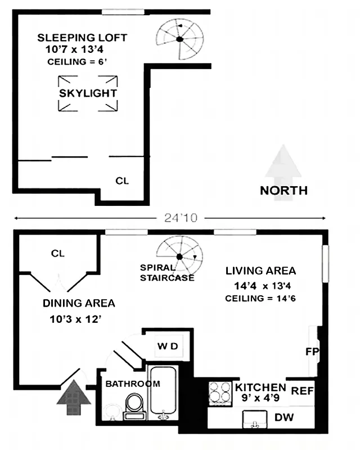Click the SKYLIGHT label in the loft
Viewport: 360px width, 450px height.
pyautogui.click(x=88, y=93)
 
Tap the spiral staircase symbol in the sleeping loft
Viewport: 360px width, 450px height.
pyautogui.click(x=178, y=39)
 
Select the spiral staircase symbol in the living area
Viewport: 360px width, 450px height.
pyautogui.click(x=179, y=256)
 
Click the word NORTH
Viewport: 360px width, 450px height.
pyautogui.click(x=283, y=190)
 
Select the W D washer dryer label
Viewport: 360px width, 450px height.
pyautogui.click(x=167, y=346)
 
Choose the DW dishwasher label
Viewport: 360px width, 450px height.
pyautogui.click(x=285, y=418)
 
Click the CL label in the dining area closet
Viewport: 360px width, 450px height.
pyautogui.click(x=58, y=253)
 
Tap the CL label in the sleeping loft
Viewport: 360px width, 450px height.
pyautogui.click(x=122, y=181)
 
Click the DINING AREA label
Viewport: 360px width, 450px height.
pyautogui.click(x=79, y=303)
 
